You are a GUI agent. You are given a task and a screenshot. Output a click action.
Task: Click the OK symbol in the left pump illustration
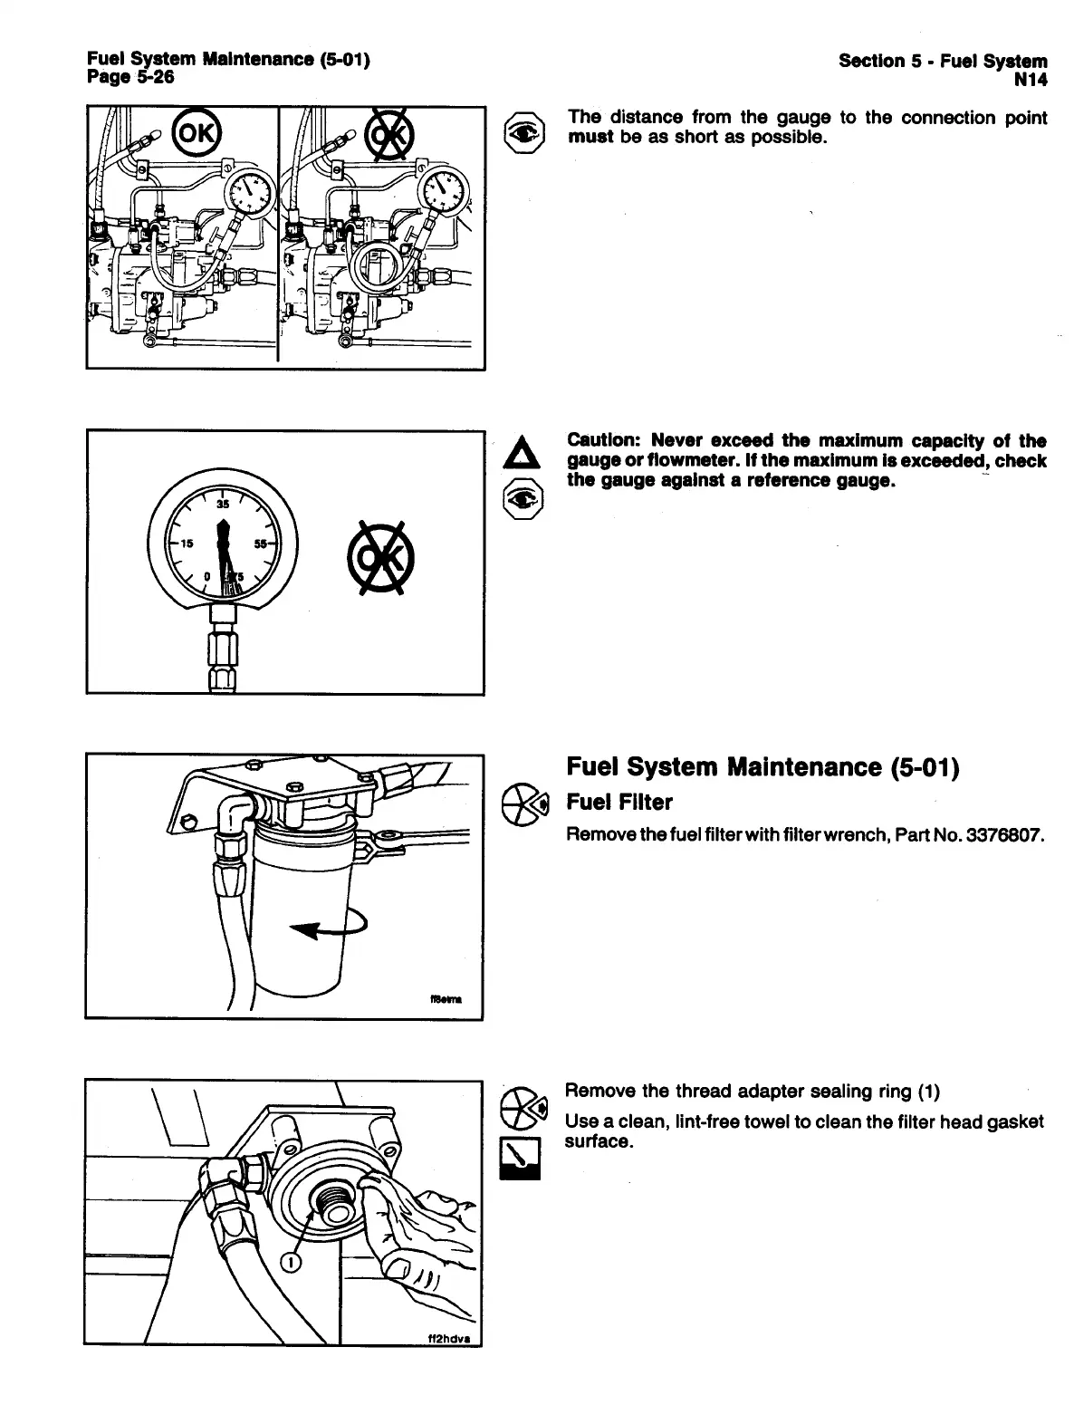pyautogui.click(x=196, y=133)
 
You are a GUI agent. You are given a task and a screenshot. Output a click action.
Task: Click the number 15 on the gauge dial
pyautogui.click(x=187, y=544)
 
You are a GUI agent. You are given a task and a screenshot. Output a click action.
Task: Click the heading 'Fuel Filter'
pyautogui.click(x=619, y=803)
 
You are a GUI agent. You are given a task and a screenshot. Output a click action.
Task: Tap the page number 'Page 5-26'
pyautogui.click(x=130, y=77)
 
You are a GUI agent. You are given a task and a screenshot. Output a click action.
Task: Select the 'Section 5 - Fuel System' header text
pyautogui.click(x=943, y=61)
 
